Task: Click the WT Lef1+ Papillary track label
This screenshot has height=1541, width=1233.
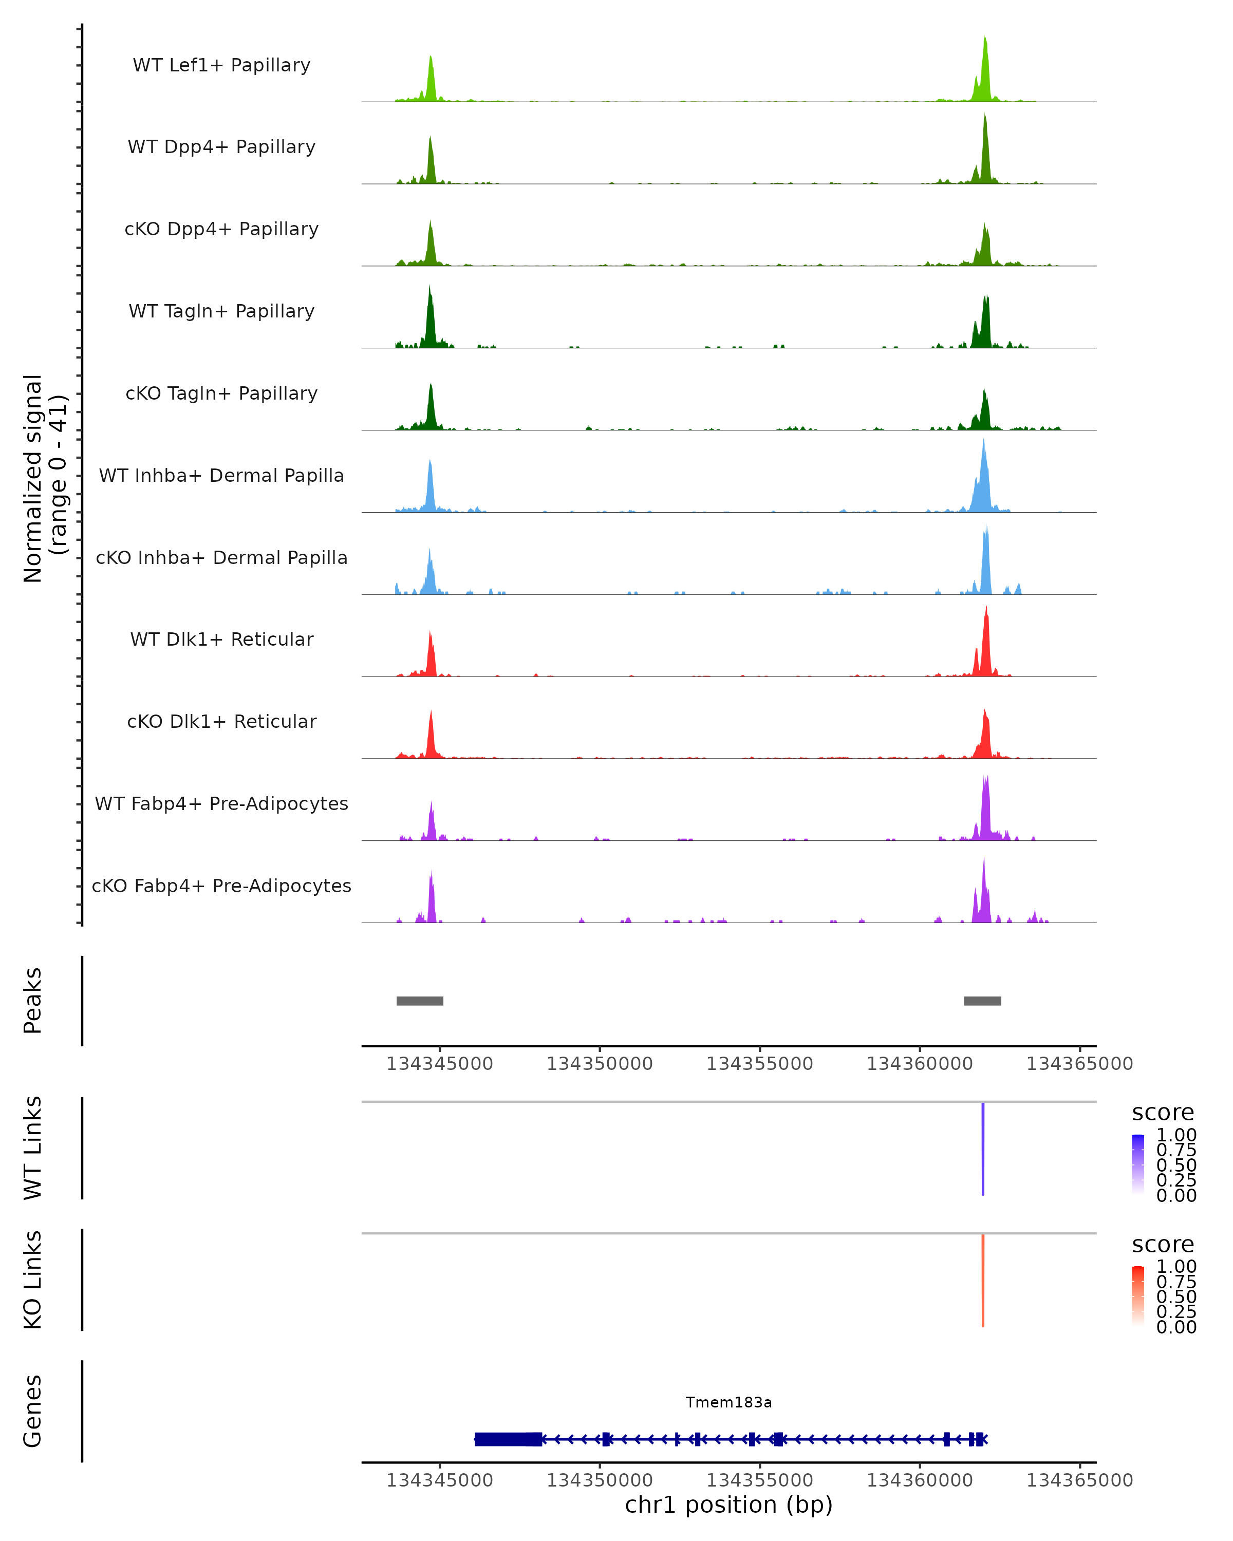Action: (x=221, y=65)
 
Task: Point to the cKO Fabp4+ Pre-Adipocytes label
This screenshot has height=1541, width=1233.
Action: (x=221, y=886)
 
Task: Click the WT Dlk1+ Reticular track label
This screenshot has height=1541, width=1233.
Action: (x=221, y=639)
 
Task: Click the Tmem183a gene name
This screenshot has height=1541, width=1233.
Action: (x=728, y=1402)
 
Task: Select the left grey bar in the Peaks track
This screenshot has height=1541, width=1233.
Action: (x=420, y=1001)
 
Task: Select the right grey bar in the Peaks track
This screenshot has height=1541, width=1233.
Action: (x=982, y=1001)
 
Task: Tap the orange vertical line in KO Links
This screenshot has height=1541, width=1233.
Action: (x=983, y=1280)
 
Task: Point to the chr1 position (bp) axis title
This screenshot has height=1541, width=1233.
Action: (x=728, y=1505)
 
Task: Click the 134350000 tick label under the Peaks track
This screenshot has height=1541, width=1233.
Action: (x=599, y=1064)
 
